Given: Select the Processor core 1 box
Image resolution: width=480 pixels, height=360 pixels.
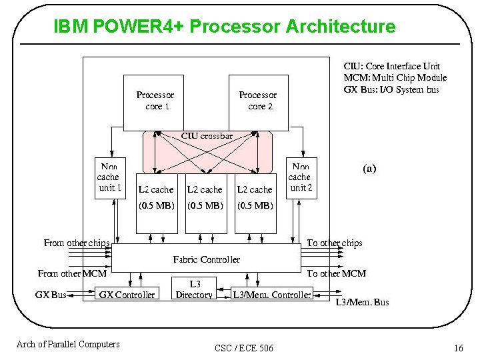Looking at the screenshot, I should coord(155,101).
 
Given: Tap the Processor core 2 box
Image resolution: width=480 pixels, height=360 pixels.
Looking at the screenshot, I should coord(257,101).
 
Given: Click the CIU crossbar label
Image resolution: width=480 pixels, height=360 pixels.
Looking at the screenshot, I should coord(207,135).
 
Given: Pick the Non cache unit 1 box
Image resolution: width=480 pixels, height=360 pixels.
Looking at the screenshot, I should coord(109,177).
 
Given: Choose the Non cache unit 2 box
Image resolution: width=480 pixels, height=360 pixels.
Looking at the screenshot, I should coord(301,177).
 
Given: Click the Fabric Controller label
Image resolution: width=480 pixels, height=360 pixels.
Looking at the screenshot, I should coord(206,259).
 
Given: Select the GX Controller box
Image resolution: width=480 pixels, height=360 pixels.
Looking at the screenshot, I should coord(127,295).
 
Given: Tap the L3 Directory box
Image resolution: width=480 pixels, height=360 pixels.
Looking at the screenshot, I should coord(193,289).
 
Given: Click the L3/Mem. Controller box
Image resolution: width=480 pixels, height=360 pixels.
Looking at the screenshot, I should coord(271,295).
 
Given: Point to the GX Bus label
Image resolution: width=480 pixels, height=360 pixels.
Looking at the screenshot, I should coord(51,295).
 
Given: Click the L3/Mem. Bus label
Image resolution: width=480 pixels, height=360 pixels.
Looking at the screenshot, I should coord(362,303).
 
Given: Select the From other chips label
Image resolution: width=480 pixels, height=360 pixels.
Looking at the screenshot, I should coord(76,243).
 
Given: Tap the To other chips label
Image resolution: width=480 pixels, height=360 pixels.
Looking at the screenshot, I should coord(335,243).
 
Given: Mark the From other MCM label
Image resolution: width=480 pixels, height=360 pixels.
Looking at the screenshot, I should coord(72,273).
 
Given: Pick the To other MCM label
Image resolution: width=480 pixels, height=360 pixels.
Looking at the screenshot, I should coord(336,273).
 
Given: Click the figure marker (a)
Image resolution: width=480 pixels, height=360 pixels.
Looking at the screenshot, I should coord(369,169).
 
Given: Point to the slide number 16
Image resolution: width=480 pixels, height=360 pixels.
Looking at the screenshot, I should coord(458,348).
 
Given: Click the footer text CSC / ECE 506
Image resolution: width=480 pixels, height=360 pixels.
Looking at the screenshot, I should coord(244,348).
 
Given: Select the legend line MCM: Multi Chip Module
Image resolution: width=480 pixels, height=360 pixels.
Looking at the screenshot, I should coord(395,77).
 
